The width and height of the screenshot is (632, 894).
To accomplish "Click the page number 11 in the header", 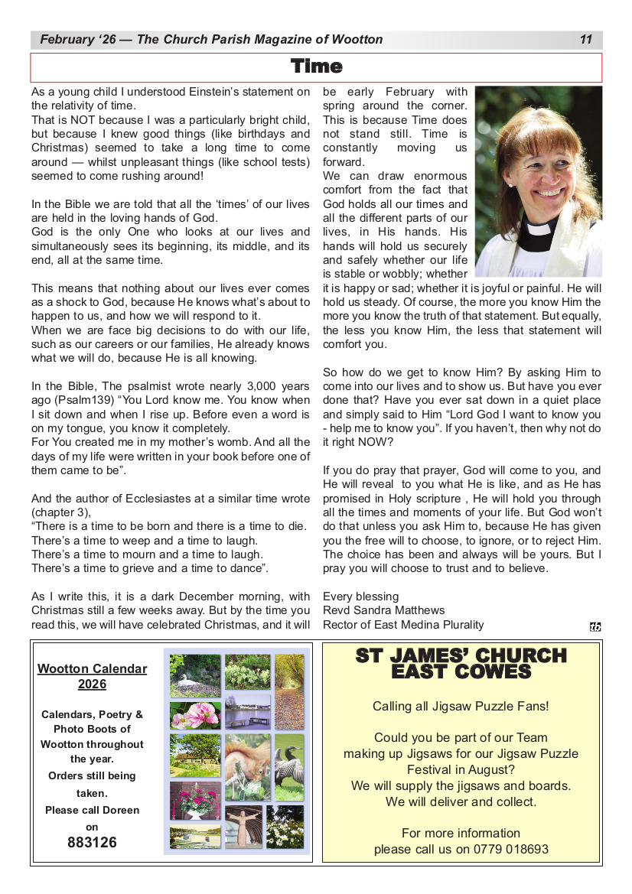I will [586, 40].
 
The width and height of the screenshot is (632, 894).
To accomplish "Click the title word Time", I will [316, 67].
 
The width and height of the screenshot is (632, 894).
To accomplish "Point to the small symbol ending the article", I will [595, 627].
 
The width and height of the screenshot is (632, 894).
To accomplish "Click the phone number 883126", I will [92, 843].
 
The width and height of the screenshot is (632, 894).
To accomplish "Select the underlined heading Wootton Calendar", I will [92, 669].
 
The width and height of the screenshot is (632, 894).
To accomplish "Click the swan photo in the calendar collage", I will [195, 675].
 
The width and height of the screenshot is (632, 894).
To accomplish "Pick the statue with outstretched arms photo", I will [244, 826].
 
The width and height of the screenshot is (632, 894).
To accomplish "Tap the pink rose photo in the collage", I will [195, 716].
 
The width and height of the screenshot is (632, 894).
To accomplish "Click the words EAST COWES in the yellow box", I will [461, 671].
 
